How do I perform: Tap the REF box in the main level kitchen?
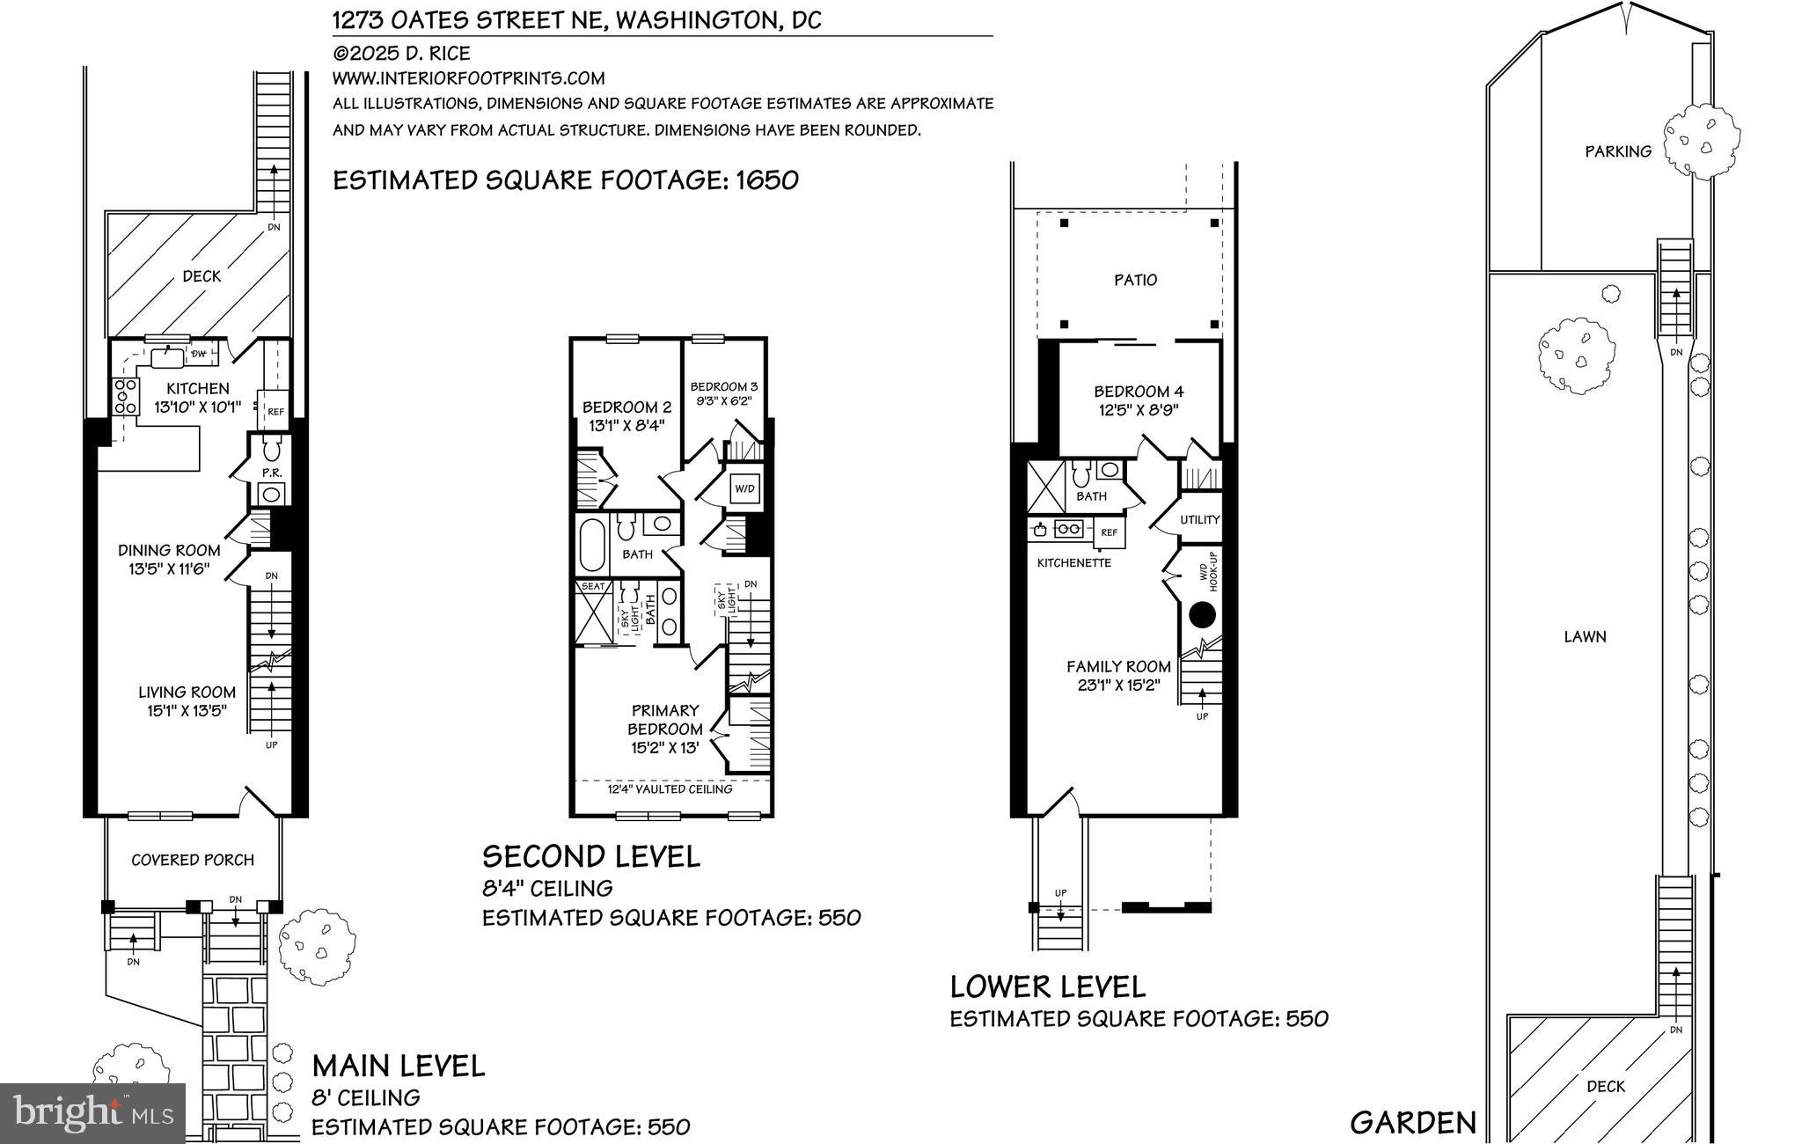pos(275,411)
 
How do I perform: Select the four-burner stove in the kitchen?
pos(125,396)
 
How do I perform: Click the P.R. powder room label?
pos(271,473)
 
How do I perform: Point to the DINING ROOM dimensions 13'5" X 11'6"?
pos(169,569)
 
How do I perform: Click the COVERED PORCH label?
pos(193,860)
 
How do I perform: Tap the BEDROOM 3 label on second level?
pos(723,386)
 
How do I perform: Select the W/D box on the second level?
pos(744,488)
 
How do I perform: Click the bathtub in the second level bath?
pos(592,546)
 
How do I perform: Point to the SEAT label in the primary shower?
pos(592,586)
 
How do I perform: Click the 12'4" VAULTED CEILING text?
pos(670,789)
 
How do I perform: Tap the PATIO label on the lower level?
pos(1135,280)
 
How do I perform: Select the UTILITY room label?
pos(1199,519)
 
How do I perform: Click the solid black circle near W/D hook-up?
pos(1202,614)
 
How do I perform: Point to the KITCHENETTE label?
pos(1073,562)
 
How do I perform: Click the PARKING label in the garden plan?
pos(1617,151)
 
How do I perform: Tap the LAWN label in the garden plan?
pos(1585,636)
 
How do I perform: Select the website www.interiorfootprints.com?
pos(468,78)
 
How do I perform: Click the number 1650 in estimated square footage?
pos(766,180)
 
